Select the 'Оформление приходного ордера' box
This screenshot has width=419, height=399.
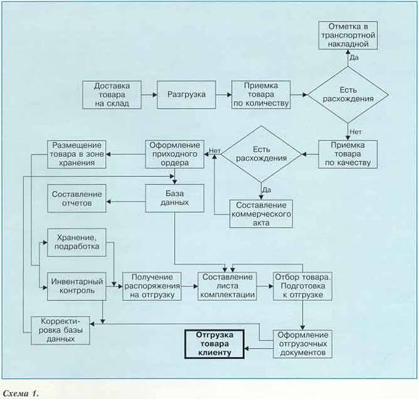coord(174,154)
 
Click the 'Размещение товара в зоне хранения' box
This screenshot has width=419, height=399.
coord(76,154)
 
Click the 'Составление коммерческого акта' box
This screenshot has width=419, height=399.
coord(261,214)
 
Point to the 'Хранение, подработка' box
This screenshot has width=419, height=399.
coord(76,242)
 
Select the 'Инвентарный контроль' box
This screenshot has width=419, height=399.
coord(76,285)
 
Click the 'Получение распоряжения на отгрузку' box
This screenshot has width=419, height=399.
coord(152,285)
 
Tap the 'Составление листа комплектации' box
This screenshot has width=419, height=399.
coord(228,285)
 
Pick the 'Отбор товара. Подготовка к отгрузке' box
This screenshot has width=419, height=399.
coord(303,285)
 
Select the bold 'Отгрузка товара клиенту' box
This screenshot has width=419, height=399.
coord(215,343)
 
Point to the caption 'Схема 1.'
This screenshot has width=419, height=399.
coord(22,393)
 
